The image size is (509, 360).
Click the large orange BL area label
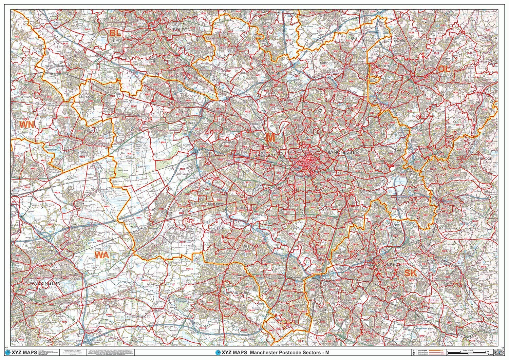[115, 33]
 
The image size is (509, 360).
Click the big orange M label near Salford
[270, 137]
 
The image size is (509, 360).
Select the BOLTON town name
[182, 30]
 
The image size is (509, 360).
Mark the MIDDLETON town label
[329, 63]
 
